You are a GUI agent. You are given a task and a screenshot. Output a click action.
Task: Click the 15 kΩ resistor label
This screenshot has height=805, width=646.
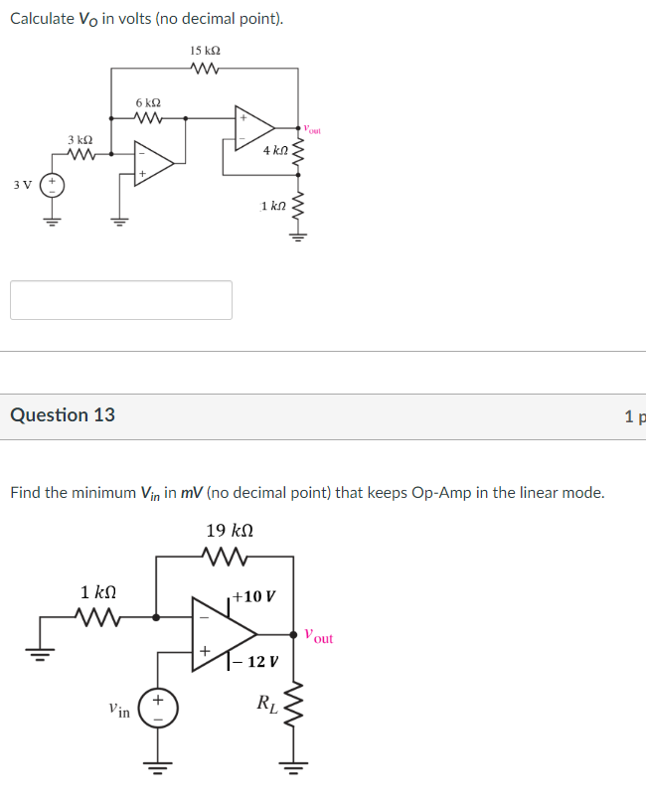(x=205, y=50)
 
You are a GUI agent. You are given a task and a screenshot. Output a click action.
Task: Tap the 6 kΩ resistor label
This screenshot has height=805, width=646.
(x=148, y=103)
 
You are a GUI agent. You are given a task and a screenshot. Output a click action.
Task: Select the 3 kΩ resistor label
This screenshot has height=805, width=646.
(x=81, y=140)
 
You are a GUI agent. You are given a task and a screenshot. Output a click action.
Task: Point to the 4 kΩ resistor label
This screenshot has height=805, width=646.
(x=275, y=150)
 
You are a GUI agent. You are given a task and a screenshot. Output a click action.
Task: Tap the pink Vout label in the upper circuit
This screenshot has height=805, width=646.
(x=312, y=129)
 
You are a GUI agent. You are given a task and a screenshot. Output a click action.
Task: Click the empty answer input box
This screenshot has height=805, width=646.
(x=121, y=300)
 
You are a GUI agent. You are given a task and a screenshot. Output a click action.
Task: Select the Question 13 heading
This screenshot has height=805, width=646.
(x=63, y=415)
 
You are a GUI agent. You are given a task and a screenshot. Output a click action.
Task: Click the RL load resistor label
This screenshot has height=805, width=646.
(x=266, y=705)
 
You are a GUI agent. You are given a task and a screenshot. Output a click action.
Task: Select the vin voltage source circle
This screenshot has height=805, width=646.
(x=156, y=709)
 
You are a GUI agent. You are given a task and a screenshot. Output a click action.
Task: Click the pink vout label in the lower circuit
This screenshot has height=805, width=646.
(x=318, y=636)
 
